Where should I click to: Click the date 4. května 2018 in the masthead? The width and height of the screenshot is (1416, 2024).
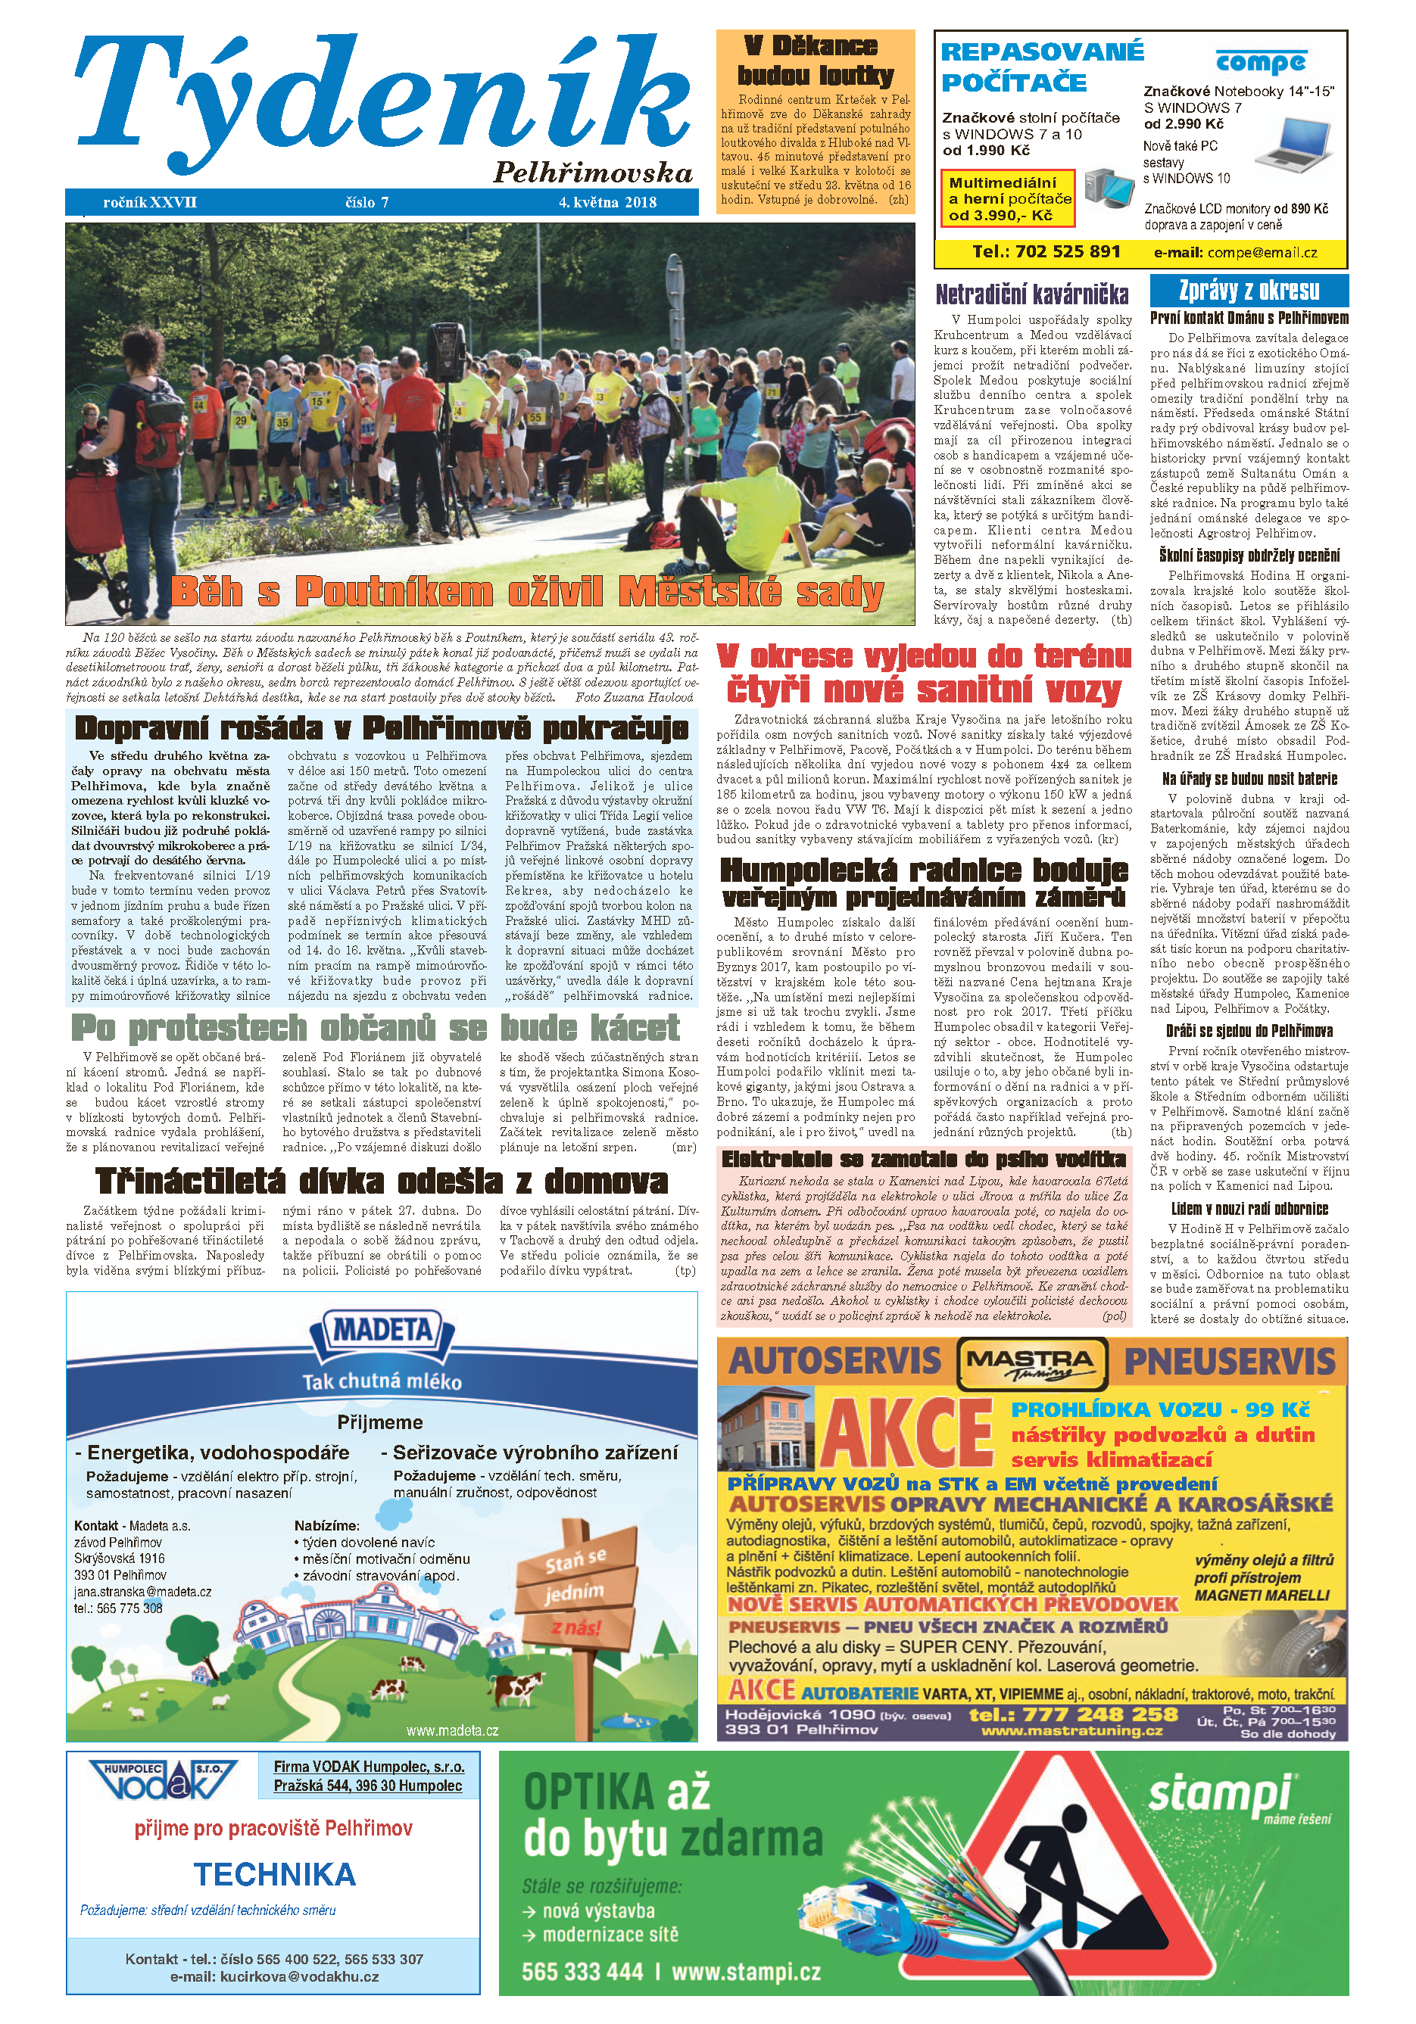607,202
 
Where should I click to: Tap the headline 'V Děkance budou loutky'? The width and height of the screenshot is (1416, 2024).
815,60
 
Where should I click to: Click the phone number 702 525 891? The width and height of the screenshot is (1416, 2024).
1046,251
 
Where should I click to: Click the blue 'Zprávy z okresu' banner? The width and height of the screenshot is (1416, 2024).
1249,290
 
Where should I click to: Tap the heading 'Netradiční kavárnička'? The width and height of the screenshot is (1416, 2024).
1031,294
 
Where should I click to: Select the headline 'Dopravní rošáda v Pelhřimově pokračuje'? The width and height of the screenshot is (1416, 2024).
382,728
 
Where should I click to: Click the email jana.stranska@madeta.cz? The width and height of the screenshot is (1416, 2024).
143,1591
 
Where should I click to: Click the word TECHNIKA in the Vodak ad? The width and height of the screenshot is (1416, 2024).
274,1873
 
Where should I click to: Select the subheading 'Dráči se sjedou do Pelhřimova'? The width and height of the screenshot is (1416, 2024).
1249,1030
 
